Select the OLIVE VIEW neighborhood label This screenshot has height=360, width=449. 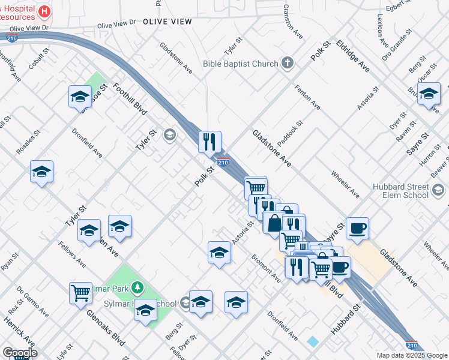click(x=167, y=22)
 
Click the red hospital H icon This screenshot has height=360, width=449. click(x=44, y=11)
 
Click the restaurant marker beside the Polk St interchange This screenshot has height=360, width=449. click(x=209, y=142)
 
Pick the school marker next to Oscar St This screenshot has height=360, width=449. click(x=429, y=94)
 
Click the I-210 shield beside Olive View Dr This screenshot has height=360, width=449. click(x=11, y=38)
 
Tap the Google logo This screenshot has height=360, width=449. click(x=19, y=353)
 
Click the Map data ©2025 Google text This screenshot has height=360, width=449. click(x=412, y=355)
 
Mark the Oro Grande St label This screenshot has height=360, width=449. click(x=397, y=44)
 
